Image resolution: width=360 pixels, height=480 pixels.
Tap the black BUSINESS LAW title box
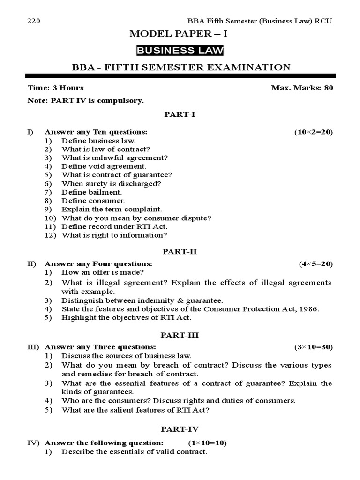coord(180,51)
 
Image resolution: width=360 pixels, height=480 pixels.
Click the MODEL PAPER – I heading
coord(180,34)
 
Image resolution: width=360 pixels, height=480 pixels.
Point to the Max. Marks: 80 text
coord(302,88)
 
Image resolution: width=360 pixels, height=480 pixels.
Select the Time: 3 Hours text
coord(56,88)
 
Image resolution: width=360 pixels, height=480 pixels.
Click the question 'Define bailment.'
coord(91,192)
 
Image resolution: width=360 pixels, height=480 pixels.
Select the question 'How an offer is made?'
coord(103,272)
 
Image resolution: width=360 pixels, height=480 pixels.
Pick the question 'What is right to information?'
coord(114,235)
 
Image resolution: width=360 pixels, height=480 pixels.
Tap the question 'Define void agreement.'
coord(104,166)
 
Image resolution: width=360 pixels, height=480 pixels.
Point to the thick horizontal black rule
coord(180,75)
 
